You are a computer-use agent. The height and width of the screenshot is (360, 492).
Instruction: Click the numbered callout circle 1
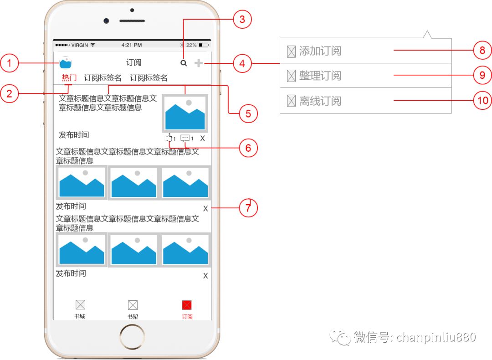click(x=9, y=63)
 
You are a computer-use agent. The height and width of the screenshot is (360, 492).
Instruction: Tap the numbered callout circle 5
click(x=248, y=113)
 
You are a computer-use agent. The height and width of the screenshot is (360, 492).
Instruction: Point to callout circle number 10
click(x=482, y=100)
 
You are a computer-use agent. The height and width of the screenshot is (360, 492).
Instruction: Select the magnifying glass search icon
click(x=184, y=63)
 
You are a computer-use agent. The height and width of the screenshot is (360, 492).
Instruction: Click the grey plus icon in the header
click(x=199, y=63)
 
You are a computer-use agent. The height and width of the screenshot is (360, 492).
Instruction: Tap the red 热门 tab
click(x=69, y=78)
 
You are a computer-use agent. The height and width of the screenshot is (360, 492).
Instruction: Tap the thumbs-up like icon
click(x=169, y=138)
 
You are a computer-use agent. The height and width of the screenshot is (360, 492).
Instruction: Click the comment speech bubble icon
click(x=185, y=138)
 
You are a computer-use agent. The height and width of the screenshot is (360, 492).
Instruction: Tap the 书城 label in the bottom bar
click(x=80, y=316)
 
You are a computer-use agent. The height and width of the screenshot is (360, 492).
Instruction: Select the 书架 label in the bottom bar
click(x=133, y=316)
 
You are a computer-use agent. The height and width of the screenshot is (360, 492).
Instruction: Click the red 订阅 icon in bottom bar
click(x=187, y=305)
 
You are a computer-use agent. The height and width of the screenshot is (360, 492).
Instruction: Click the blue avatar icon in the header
click(x=66, y=63)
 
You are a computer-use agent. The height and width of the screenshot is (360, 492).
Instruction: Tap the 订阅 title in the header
click(x=134, y=63)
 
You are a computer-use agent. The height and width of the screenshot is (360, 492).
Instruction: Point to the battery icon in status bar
click(x=204, y=45)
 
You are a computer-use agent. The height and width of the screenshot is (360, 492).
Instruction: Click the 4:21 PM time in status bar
click(x=132, y=45)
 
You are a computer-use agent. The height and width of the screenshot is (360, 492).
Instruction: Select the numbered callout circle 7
click(x=248, y=208)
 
